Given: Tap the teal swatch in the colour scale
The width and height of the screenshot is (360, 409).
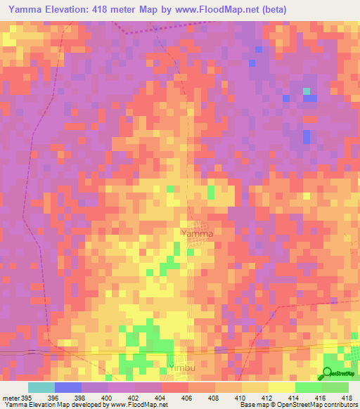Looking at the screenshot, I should pyautogui.click(x=41, y=387).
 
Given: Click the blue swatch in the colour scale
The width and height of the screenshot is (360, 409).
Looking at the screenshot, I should pyautogui.click(x=68, y=387).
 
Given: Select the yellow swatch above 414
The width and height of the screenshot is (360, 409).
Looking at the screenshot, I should pyautogui.click(x=282, y=387).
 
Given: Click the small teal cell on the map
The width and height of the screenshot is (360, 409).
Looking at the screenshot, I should pyautogui.click(x=306, y=91).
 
